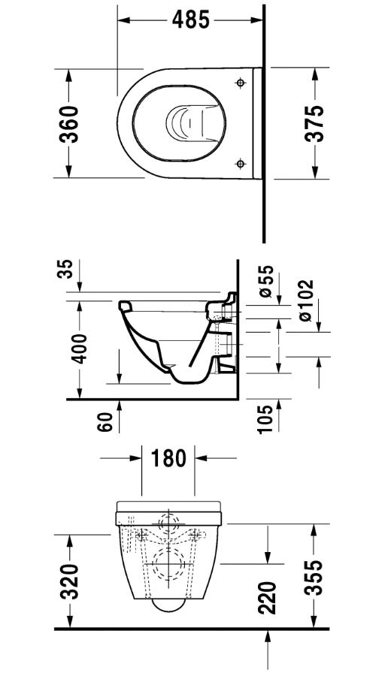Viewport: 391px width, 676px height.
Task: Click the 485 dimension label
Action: coord(191,20)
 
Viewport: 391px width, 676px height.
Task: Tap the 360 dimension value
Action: coord(69,124)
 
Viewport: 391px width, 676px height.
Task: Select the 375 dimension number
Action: coord(314,123)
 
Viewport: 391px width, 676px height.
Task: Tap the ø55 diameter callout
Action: coord(266,281)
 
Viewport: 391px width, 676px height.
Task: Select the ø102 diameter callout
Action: coord(305,300)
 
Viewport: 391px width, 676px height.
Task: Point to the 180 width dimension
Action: coord(168,458)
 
